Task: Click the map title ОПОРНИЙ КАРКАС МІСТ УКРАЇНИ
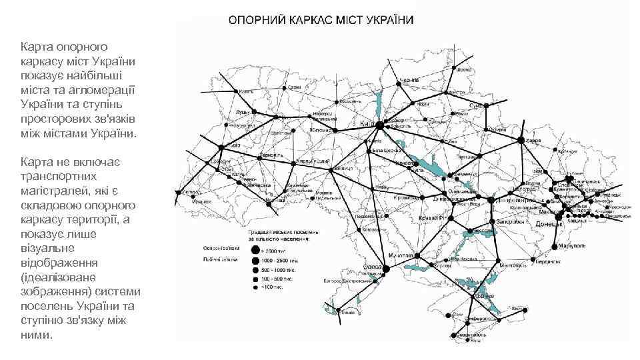tap(321, 19)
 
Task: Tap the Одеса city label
tap(372, 266)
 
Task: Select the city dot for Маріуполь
tap(554, 248)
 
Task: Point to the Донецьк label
tap(550, 225)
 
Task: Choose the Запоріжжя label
tap(505, 221)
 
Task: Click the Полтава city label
tap(465, 156)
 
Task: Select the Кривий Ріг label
tap(432, 219)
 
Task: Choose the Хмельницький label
tap(314, 161)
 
